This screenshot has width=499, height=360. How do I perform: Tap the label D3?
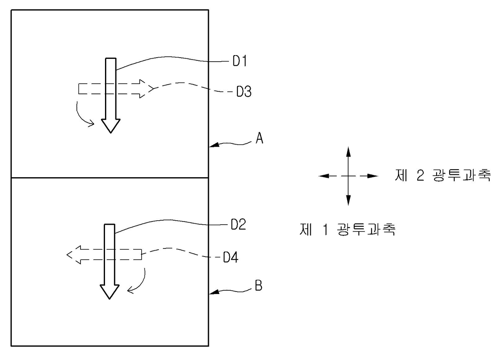coord(244,92)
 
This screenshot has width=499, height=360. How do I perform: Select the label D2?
coord(238,225)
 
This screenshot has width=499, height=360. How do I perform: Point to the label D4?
coord(231,257)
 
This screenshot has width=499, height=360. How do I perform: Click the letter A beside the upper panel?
coord(259,139)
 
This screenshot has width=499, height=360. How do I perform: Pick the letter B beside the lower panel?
coord(259,287)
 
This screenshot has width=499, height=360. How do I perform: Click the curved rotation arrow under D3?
coord(83,116)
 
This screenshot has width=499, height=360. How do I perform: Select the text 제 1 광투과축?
coord(347,230)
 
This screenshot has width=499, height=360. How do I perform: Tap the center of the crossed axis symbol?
coord(348,176)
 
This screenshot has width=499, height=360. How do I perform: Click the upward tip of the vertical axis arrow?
coord(348,148)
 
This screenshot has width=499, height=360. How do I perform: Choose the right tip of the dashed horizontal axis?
coord(377,176)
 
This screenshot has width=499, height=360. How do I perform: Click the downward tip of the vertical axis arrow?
coord(348,204)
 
